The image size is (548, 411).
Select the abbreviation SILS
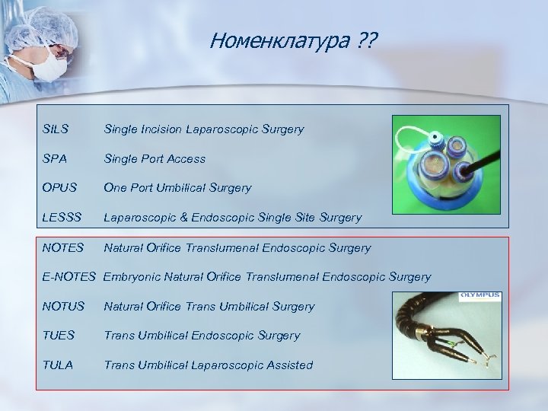[56, 129]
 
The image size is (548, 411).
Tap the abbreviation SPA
[56, 159]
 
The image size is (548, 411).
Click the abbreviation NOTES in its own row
[62, 248]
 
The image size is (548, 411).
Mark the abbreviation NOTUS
[62, 307]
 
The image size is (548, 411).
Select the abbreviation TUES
[58, 336]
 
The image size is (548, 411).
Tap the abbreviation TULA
[58, 365]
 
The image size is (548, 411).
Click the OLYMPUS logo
[480, 295]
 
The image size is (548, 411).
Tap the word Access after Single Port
[186, 159]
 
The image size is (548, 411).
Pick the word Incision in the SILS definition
[161, 129]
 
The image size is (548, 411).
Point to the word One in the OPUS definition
[115, 188]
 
